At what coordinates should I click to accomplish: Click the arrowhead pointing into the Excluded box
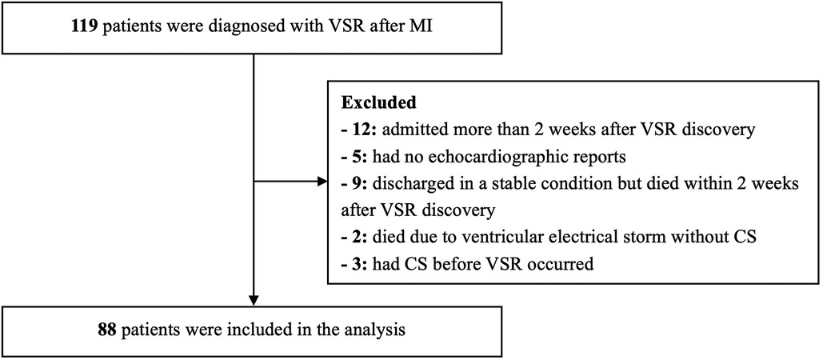pyautogui.click(x=322, y=181)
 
